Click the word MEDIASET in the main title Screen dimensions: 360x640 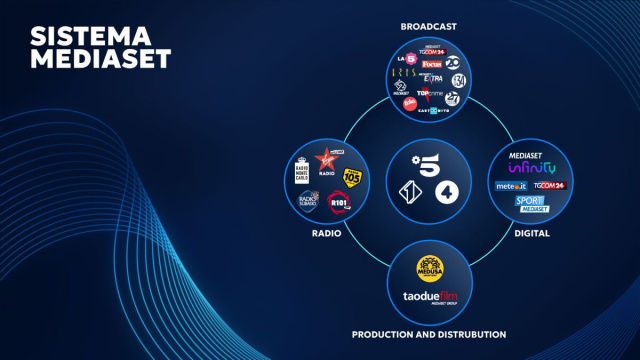tap(100, 58)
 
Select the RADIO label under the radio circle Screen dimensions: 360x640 tap(326, 233)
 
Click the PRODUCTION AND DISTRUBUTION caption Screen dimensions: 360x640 tap(428, 334)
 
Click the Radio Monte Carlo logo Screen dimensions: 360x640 tap(302, 169)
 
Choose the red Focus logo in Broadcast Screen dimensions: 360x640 tap(431, 64)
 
